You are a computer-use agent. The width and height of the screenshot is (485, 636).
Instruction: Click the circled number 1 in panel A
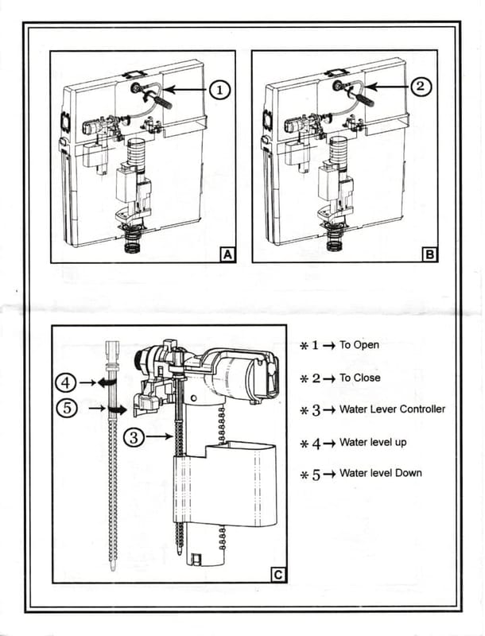[219, 91]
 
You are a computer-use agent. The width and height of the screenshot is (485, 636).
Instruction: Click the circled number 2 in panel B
[421, 86]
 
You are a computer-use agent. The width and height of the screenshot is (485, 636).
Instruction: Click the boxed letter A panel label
[227, 254]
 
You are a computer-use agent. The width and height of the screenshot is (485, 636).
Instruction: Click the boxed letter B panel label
[429, 254]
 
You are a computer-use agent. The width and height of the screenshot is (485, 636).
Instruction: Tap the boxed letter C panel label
[277, 574]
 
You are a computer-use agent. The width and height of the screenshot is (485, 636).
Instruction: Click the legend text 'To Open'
[359, 345]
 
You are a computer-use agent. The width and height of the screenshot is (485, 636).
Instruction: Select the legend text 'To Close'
[360, 378]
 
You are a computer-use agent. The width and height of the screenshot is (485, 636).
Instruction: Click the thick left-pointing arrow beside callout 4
[107, 382]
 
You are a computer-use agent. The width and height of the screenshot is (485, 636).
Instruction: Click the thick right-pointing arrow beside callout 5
[117, 409]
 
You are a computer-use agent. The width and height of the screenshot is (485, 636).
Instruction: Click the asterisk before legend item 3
[304, 410]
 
